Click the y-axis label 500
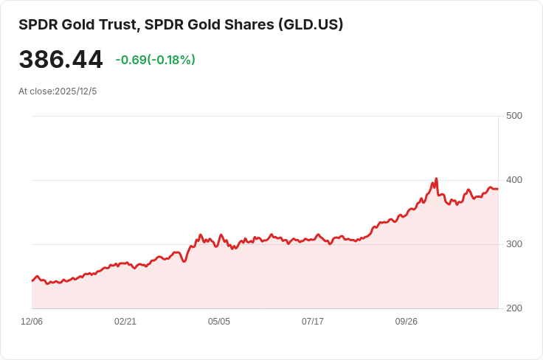[514, 116]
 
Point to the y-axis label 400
[514, 180]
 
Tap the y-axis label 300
[514, 244]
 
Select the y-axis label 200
[514, 308]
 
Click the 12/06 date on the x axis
[32, 322]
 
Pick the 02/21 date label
[125, 322]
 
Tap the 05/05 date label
[219, 322]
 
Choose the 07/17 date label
[313, 322]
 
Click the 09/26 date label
[407, 322]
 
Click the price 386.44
[60, 60]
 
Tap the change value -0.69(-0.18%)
[155, 60]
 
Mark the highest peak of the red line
[437, 179]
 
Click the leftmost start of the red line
[32, 281]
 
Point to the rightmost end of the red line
[498, 189]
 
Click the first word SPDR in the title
[37, 24]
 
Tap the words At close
[35, 91]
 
